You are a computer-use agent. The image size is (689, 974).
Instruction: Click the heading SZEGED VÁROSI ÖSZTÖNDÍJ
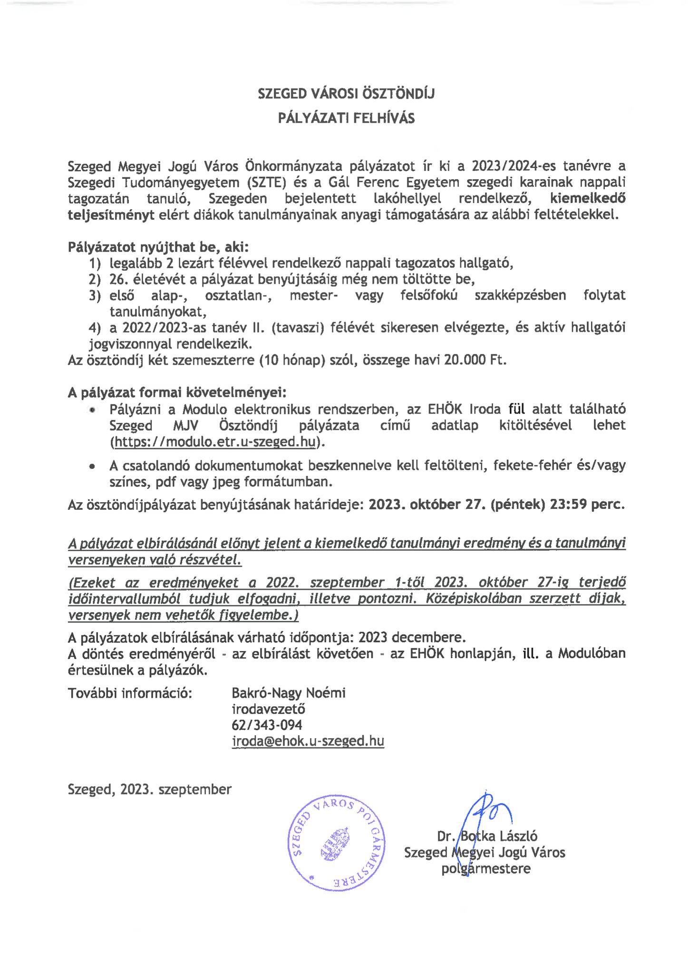click(x=346, y=94)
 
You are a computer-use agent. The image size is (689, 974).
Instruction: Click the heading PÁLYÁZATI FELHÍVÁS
click(x=346, y=118)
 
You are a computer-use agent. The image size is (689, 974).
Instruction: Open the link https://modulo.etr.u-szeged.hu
click(x=214, y=442)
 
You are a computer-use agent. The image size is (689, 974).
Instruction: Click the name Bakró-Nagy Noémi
click(x=288, y=693)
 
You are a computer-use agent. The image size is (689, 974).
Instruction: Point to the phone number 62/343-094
click(x=267, y=725)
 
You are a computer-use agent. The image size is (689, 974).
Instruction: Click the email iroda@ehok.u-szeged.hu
click(x=308, y=741)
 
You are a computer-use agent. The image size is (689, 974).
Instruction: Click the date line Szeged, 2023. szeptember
click(x=150, y=789)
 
